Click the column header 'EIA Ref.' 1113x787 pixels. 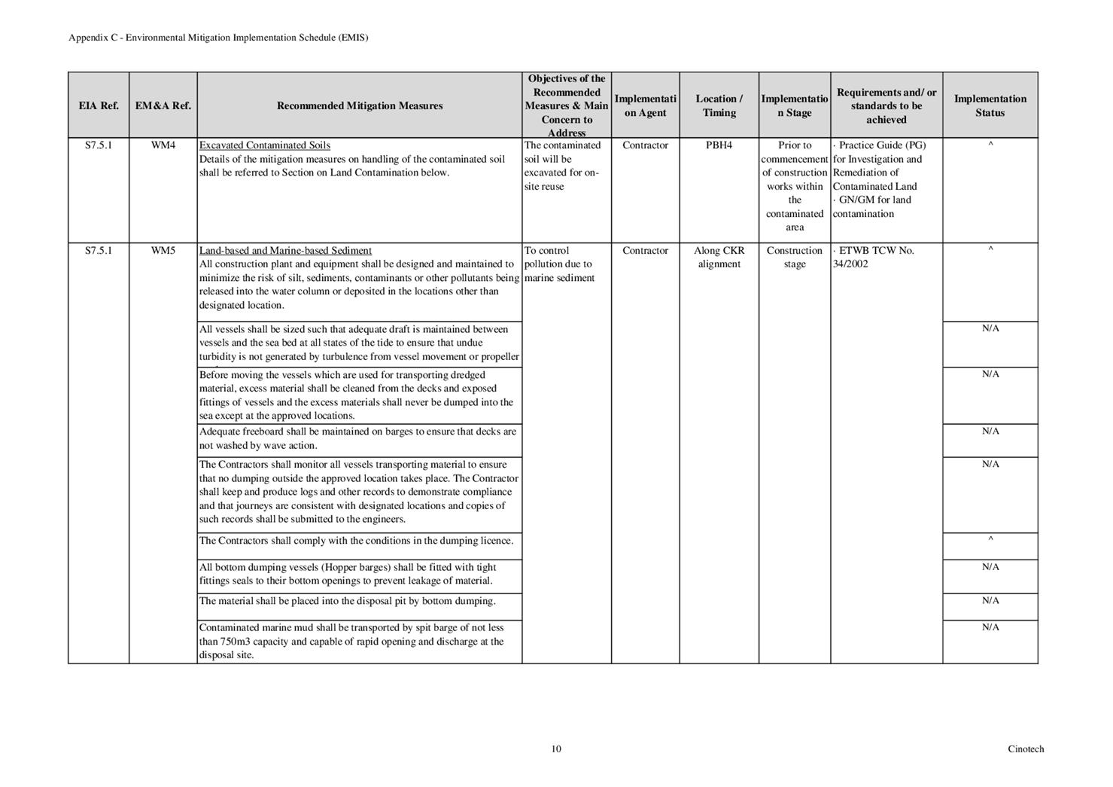pos(99,106)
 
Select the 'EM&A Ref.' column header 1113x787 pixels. pos(163,106)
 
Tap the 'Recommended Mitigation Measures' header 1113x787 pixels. pos(360,106)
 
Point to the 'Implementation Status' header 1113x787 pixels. pos(990,106)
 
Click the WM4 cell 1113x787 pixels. pos(163,145)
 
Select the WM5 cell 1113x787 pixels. pos(163,251)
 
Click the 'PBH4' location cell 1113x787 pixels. pos(719,145)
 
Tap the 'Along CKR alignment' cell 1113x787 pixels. pos(719,258)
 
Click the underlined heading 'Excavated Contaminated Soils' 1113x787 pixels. pos(264,145)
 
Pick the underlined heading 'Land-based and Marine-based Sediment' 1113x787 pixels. pos(285,251)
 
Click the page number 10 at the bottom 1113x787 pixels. pos(556,749)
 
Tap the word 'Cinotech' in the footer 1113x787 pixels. pos(1026,749)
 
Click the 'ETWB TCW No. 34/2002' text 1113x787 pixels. pos(874,258)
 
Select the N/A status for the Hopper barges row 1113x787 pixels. pos(990,567)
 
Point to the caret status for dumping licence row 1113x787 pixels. pos(990,540)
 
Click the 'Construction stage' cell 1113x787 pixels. pos(795,258)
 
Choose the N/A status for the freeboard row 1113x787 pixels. pos(990,432)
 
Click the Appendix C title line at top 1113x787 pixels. pos(218,38)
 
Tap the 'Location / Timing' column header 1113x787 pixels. pos(719,106)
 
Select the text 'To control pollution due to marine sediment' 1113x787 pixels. pos(559,264)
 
